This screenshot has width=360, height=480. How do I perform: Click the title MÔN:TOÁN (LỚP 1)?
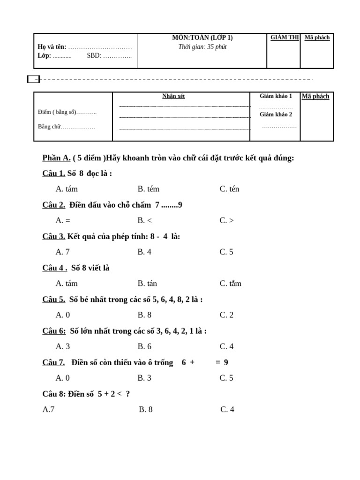coord(202,38)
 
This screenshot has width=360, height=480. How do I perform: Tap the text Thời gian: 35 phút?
coord(202,47)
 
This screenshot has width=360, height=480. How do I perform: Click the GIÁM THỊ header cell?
coord(284,38)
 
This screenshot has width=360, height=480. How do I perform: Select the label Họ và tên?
coord(52,47)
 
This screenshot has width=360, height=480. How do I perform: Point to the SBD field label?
coord(93,55)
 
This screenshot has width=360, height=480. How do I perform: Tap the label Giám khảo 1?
coord(276,96)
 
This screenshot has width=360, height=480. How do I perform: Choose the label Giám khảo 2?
coord(276,114)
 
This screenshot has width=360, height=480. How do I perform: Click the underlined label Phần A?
coord(56,158)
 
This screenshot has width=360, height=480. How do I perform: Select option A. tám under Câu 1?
coord(67,189)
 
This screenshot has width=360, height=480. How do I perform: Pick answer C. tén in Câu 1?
coord(229,189)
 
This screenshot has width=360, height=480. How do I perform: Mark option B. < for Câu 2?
coord(144,221)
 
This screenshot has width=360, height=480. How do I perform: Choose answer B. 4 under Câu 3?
coord(144,252)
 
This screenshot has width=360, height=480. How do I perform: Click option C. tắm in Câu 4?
coord(231,284)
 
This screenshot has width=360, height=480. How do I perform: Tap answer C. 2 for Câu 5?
coord(226,315)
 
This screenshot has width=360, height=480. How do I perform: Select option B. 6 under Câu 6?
coord(144,346)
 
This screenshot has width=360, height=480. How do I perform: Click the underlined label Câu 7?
coord(53,362)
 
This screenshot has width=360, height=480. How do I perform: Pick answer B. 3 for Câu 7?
coord(144,378)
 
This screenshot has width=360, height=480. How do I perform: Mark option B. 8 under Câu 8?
coord(146,410)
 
